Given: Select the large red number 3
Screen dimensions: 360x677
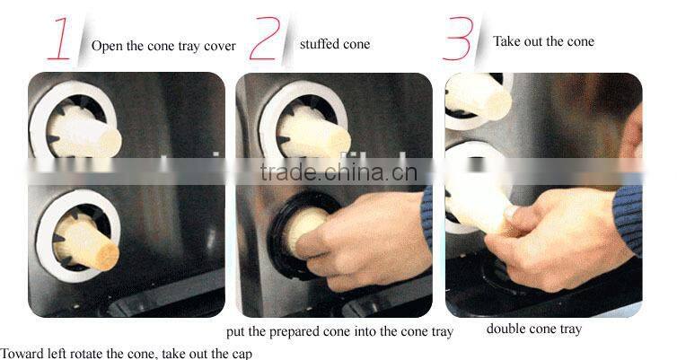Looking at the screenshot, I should (x=460, y=39).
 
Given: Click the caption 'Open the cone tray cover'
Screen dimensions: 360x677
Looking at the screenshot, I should (x=163, y=46).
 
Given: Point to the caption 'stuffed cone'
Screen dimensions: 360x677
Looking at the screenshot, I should (x=334, y=44).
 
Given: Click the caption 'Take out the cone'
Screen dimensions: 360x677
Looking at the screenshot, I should (x=543, y=41).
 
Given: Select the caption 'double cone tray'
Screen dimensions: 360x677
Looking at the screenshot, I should (x=533, y=329).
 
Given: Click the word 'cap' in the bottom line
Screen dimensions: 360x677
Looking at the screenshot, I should (x=242, y=353).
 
